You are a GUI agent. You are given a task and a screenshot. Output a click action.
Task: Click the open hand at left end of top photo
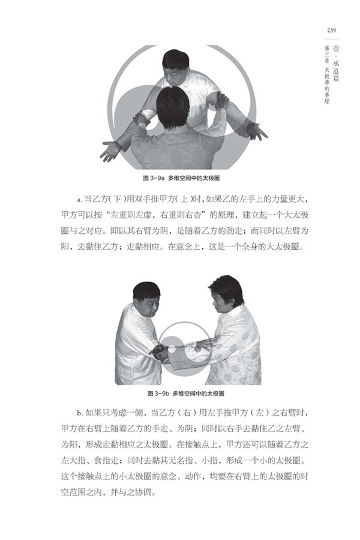click(110, 151)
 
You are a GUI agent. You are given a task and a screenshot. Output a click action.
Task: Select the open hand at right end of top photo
click(257, 131)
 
